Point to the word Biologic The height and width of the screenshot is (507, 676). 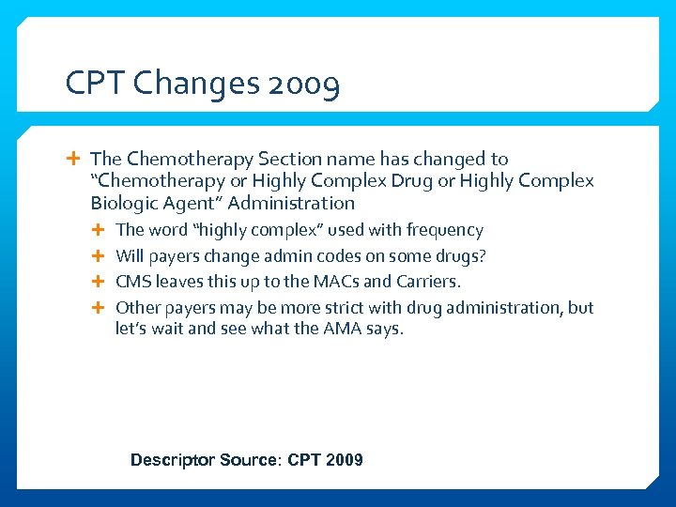(127, 203)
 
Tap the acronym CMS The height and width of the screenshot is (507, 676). (133, 281)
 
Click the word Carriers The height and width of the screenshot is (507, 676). (430, 281)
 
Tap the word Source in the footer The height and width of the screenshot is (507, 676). (249, 460)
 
